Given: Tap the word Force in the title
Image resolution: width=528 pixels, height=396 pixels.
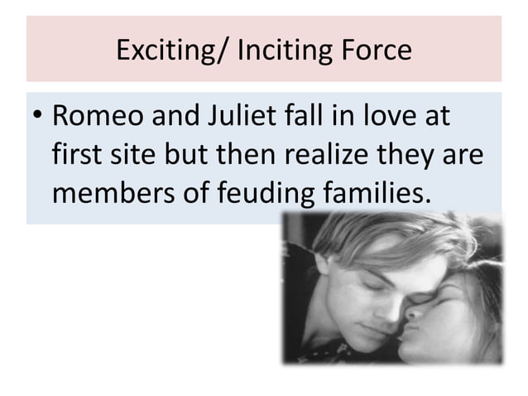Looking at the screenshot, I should tap(372, 51).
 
